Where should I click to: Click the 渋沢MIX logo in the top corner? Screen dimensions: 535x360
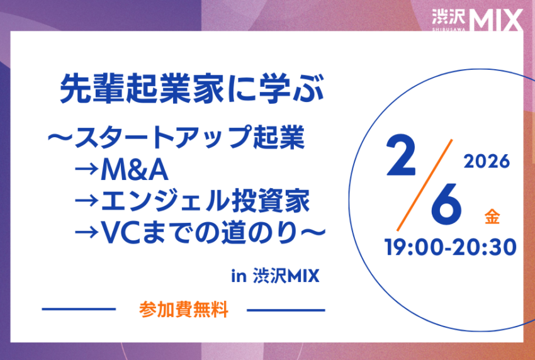click(x=477, y=20)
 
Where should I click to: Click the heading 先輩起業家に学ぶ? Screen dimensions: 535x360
click(x=191, y=89)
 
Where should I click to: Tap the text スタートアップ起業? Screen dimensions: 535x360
click(x=189, y=137)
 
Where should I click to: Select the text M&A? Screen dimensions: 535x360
click(x=135, y=171)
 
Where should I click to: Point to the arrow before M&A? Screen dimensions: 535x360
click(x=87, y=169)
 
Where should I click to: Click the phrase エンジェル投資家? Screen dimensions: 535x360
click(x=205, y=201)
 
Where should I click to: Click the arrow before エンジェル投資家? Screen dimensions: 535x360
click(x=87, y=201)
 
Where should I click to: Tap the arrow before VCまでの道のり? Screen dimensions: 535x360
click(x=87, y=232)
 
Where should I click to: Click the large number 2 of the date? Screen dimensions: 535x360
click(x=401, y=156)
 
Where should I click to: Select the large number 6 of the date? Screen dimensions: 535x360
click(x=446, y=204)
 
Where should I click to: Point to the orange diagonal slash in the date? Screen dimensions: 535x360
click(x=424, y=185)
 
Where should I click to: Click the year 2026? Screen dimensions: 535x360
click(x=487, y=161)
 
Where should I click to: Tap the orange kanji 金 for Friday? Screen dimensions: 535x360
click(x=492, y=217)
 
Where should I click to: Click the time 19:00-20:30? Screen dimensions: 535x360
click(x=451, y=247)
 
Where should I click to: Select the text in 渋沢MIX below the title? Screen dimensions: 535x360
click(x=275, y=276)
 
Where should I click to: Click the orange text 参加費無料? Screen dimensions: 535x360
click(x=184, y=310)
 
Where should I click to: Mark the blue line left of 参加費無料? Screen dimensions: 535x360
click(x=79, y=309)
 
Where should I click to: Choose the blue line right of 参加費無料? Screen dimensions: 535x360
click(x=286, y=310)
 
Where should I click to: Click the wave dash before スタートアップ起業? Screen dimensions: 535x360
click(x=60, y=137)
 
